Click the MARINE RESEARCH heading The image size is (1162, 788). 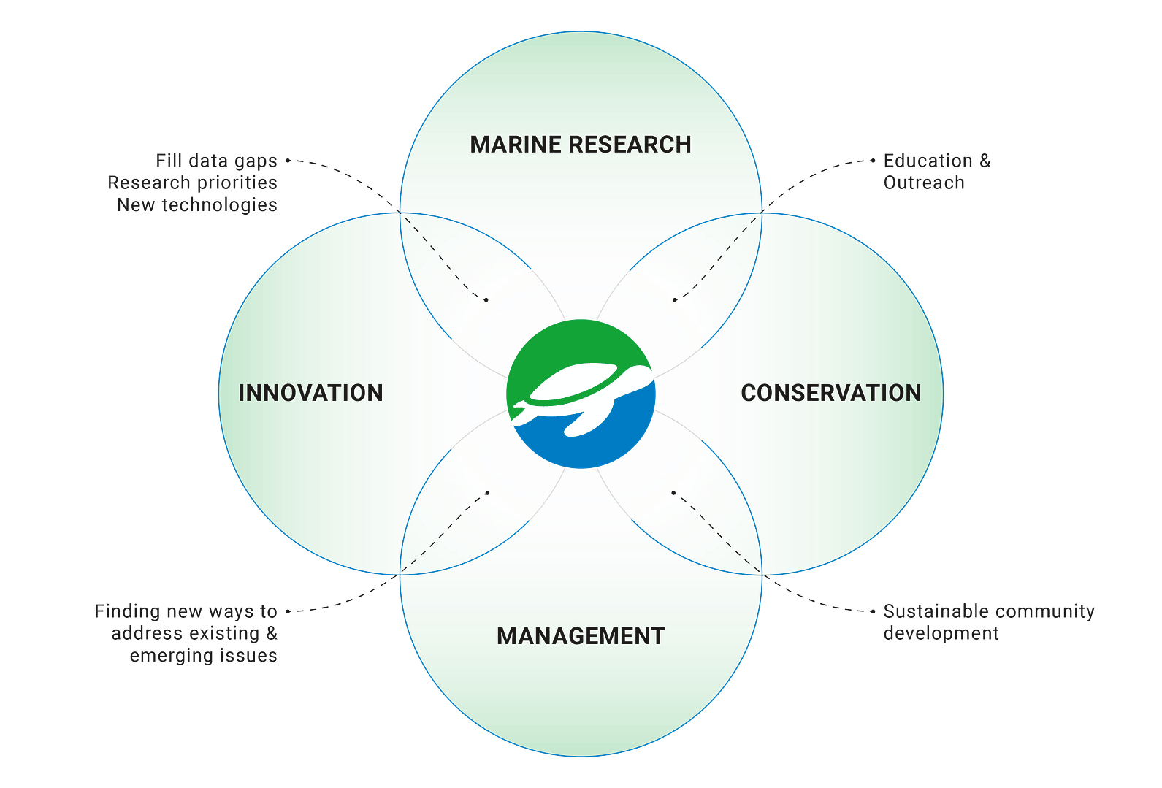click(581, 145)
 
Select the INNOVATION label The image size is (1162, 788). click(310, 393)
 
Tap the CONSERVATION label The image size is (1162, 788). click(831, 393)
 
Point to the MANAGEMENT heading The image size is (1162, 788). click(581, 636)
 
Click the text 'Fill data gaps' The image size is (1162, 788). click(216, 161)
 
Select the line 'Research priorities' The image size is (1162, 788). click(193, 183)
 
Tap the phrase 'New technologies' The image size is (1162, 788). click(197, 205)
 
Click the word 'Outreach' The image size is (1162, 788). click(924, 183)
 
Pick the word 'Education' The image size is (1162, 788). click(928, 161)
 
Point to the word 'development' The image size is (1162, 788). click(941, 634)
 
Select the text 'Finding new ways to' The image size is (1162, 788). click(186, 611)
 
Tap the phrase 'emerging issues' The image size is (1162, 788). click(203, 657)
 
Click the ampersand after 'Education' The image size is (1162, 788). click(985, 161)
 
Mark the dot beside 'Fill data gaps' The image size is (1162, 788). click(288, 161)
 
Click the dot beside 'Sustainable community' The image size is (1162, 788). click(873, 611)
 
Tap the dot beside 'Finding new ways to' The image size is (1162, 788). click(288, 611)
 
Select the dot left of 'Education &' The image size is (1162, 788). click(873, 161)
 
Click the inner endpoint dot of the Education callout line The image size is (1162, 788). click(674, 300)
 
